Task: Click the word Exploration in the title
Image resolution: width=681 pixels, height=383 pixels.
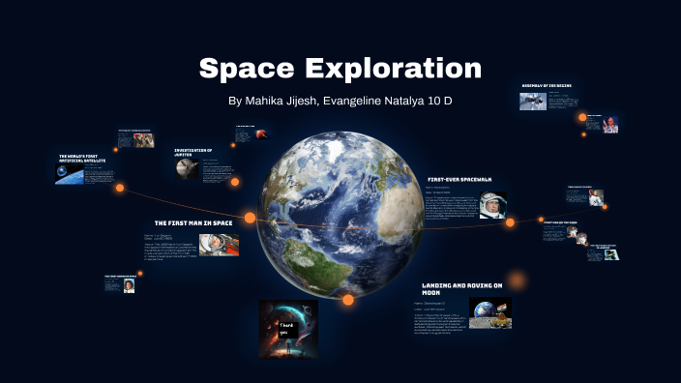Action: [x=393, y=69]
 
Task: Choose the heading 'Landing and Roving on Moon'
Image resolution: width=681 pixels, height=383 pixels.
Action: [x=461, y=289]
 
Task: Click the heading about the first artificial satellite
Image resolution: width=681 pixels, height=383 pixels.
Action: [x=81, y=159]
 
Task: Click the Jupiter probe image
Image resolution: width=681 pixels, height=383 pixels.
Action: [x=188, y=169]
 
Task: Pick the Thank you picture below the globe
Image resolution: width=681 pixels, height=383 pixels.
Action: [x=288, y=323]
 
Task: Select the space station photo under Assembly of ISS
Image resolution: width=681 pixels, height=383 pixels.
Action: [x=532, y=102]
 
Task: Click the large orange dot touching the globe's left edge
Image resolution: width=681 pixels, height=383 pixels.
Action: [x=250, y=218]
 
